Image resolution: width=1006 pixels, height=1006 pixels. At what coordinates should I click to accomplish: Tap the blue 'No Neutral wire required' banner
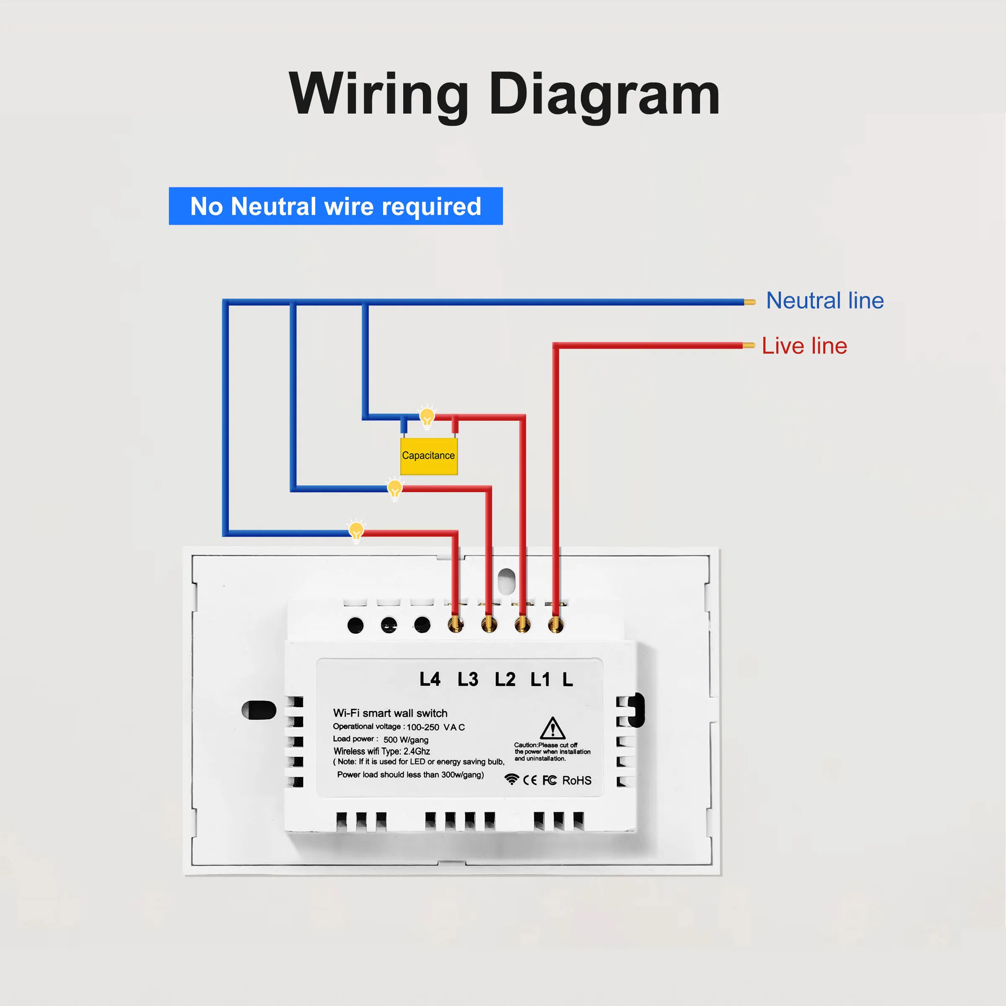point(336,206)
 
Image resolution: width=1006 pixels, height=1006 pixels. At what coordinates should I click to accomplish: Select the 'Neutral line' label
point(825,301)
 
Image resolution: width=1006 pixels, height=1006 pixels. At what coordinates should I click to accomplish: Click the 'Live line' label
point(804,346)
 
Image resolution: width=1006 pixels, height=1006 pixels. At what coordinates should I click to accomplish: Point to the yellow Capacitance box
point(428,456)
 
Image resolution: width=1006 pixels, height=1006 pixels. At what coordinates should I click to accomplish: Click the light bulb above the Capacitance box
point(427,417)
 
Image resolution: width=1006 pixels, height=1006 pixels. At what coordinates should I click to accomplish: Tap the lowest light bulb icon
point(356,531)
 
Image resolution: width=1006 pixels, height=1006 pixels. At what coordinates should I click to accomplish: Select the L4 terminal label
point(430,679)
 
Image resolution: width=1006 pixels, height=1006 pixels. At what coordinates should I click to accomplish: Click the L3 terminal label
point(468,679)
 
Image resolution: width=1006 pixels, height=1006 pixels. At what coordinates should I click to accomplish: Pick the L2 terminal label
point(505,679)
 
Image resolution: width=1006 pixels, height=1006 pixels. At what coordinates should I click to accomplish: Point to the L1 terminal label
point(540,679)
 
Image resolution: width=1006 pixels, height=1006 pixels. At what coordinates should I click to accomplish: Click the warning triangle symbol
point(552,728)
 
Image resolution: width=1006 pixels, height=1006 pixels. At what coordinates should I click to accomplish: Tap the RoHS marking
point(577,780)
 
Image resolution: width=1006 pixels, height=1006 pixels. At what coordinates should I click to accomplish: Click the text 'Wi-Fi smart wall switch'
point(390,713)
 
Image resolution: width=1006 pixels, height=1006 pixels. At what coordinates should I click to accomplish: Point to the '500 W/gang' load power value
point(406,739)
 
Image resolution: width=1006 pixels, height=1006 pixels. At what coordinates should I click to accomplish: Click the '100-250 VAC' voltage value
point(436,727)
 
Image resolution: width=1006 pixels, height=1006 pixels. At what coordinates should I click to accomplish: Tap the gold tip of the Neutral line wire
point(750,302)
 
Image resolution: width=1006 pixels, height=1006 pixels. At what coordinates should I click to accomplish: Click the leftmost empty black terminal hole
point(355,625)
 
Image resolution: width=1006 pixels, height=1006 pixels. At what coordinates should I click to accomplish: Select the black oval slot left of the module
point(259,710)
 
